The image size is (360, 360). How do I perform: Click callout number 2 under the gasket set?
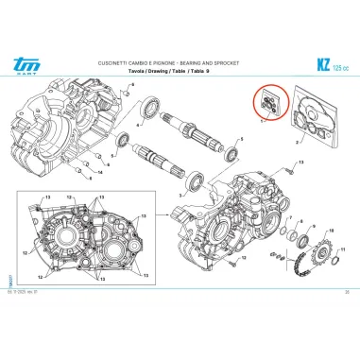point(297,141)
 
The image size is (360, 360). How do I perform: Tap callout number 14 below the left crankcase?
point(100,175)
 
